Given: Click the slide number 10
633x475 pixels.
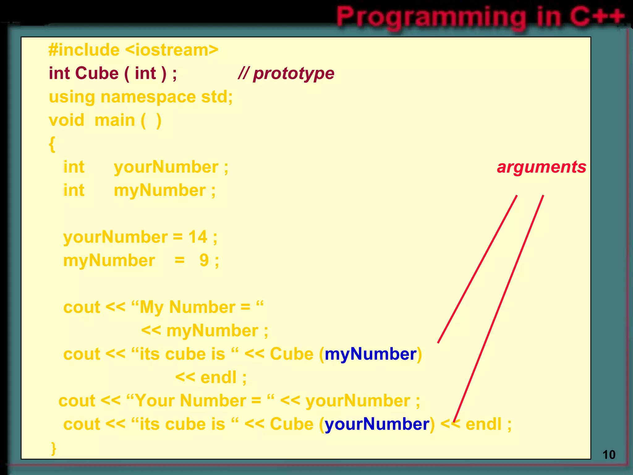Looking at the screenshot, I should (609, 455).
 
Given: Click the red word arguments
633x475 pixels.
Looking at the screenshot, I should (541, 167).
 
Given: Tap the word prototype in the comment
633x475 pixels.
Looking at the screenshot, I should (293, 74).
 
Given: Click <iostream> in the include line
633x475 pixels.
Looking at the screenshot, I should (172, 50).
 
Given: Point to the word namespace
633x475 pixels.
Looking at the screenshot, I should (148, 97).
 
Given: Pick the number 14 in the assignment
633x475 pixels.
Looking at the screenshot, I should (198, 237).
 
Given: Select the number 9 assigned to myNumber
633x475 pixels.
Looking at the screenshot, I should (204, 260).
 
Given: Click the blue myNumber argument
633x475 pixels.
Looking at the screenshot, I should (370, 354).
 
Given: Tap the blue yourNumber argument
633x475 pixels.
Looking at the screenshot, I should (377, 424).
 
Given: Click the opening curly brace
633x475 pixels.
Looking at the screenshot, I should (52, 144).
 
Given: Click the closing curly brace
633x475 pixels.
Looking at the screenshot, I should (53, 448).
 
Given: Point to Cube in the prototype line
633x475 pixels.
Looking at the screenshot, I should (97, 74).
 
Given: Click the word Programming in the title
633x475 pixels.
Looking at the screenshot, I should (431, 17).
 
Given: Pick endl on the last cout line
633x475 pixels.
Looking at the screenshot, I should (483, 424).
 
